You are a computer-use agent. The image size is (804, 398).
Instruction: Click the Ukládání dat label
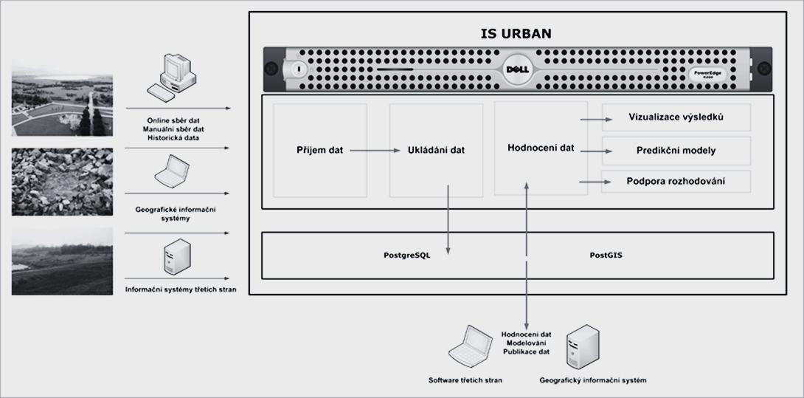[x=436, y=150]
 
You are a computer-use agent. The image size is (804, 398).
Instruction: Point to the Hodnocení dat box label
[x=541, y=148]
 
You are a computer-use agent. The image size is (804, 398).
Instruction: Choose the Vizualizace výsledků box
[x=676, y=117]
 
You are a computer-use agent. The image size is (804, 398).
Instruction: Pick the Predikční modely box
[x=676, y=151]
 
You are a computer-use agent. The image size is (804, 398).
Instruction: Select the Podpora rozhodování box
[x=676, y=181]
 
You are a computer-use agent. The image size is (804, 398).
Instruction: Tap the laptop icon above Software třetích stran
[x=470, y=347]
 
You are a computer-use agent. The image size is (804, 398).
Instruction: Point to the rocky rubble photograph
[x=63, y=182]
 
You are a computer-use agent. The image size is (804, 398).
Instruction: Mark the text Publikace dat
[x=526, y=351]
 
